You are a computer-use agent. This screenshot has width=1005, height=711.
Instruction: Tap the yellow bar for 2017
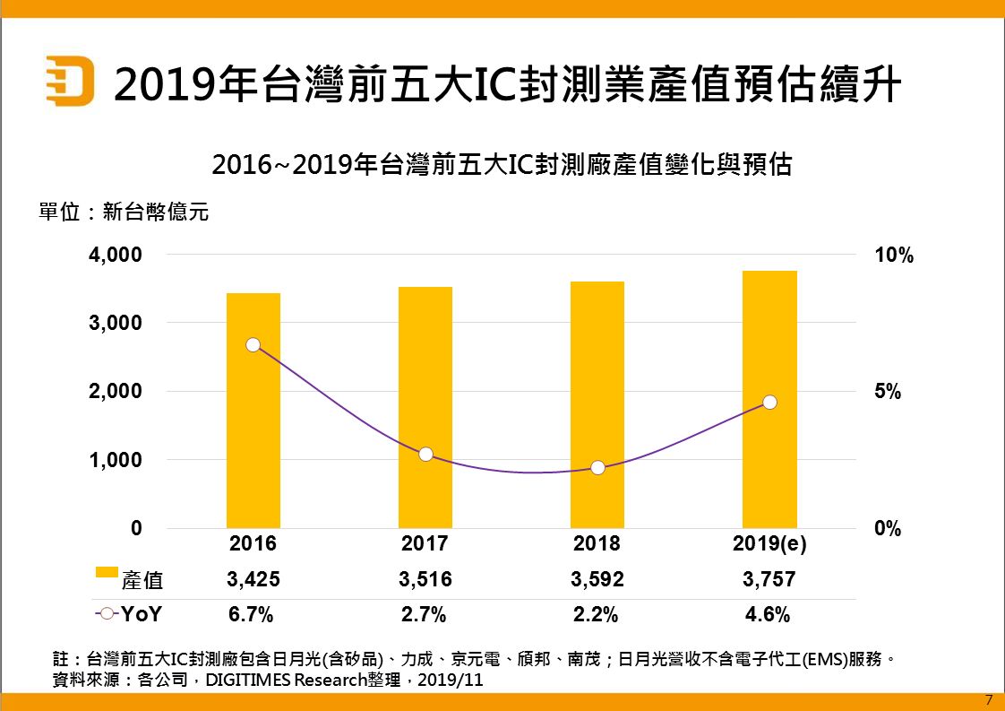pyautogui.click(x=425, y=407)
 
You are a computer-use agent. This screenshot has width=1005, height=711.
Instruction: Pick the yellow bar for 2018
pyautogui.click(x=597, y=404)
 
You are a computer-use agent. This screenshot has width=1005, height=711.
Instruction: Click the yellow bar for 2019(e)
pyautogui.click(x=769, y=399)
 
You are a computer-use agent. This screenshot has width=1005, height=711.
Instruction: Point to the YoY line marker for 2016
pyautogui.click(x=253, y=345)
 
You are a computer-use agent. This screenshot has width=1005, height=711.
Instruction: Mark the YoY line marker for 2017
pyautogui.click(x=425, y=455)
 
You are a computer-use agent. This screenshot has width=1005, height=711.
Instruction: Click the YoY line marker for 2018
pyautogui.click(x=597, y=468)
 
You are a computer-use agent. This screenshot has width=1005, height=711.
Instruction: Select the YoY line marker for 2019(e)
pyautogui.click(x=769, y=403)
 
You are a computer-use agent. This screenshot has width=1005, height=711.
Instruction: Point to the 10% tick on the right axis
pyautogui.click(x=894, y=256)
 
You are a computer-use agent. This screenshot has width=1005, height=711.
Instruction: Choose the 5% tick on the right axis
pyautogui.click(x=888, y=393)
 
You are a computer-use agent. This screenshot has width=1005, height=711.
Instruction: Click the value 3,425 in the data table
pyautogui.click(x=253, y=580)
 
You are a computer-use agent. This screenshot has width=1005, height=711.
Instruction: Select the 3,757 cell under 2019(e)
pyautogui.click(x=769, y=580)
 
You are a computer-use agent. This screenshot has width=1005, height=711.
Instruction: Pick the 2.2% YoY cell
pyautogui.click(x=597, y=615)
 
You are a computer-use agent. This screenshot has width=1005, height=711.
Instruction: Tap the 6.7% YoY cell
pyautogui.click(x=253, y=615)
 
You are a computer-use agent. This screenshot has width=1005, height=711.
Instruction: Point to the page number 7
pyautogui.click(x=988, y=699)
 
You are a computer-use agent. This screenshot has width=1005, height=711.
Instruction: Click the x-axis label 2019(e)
pyautogui.click(x=769, y=543)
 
